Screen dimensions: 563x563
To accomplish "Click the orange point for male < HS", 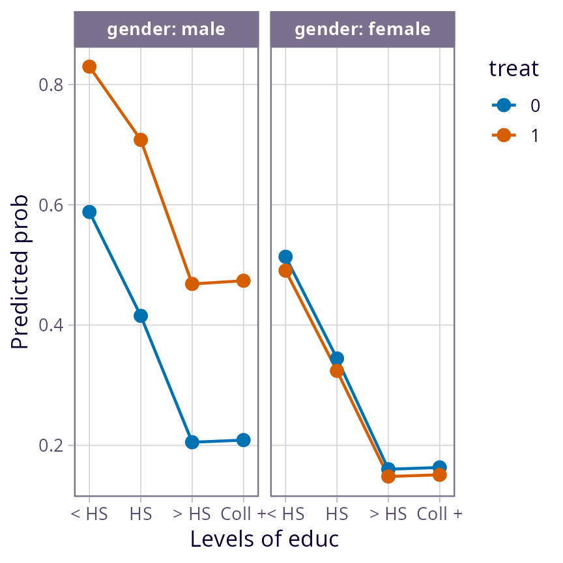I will [89, 66].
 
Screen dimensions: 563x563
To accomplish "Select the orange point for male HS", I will [141, 140].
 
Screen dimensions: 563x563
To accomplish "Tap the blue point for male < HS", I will [89, 212].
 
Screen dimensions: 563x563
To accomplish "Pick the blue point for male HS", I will [141, 316].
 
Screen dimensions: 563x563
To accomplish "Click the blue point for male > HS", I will [192, 442].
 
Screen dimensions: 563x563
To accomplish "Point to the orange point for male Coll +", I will [244, 281].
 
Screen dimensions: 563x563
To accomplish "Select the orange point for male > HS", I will [192, 284].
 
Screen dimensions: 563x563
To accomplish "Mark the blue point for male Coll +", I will [244, 440].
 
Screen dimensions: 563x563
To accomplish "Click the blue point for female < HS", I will [285, 257].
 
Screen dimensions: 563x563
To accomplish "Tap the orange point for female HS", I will [337, 371].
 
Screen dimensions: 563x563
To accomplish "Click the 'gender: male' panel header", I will [166, 29].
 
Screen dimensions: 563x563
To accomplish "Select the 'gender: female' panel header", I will [362, 29].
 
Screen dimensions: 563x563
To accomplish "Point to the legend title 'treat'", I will [513, 68].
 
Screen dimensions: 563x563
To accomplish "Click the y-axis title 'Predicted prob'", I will [21, 271].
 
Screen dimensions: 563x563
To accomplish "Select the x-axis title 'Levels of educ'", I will [265, 540].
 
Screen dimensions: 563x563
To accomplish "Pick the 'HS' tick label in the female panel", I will [337, 514].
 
